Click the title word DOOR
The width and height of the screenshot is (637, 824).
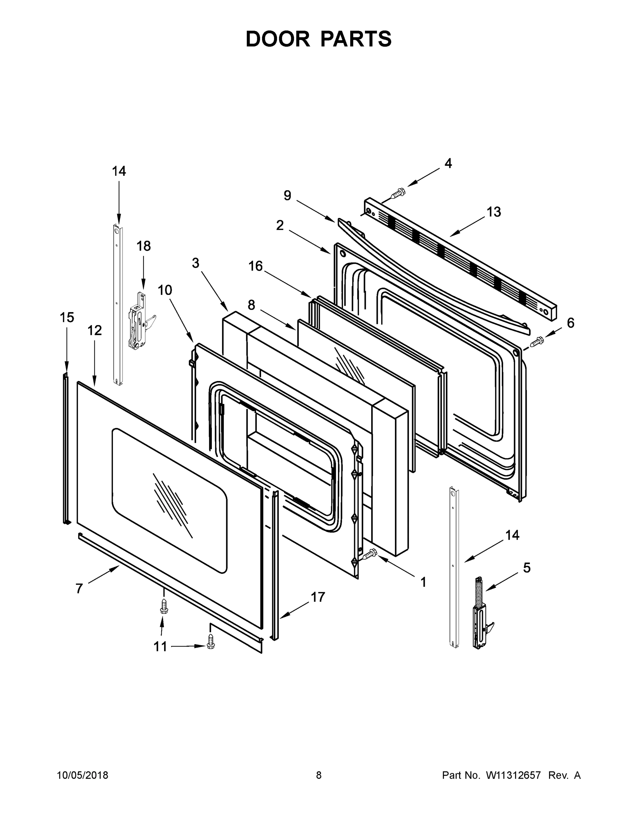tap(277, 39)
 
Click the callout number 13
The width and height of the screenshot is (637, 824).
tap(493, 212)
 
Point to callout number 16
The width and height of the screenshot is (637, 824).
tap(255, 266)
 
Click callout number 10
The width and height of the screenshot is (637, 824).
tap(164, 290)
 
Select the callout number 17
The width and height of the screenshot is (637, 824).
tap(317, 597)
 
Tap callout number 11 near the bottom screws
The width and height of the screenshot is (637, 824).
tap(160, 647)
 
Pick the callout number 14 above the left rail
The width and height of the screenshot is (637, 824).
tap(118, 171)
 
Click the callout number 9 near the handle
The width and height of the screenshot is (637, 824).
tap(287, 195)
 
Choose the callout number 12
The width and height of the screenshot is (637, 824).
tap(95, 331)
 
